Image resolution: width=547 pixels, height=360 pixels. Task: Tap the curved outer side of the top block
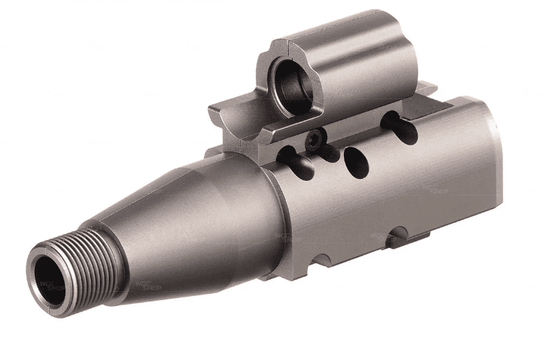(x=361, y=65)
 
